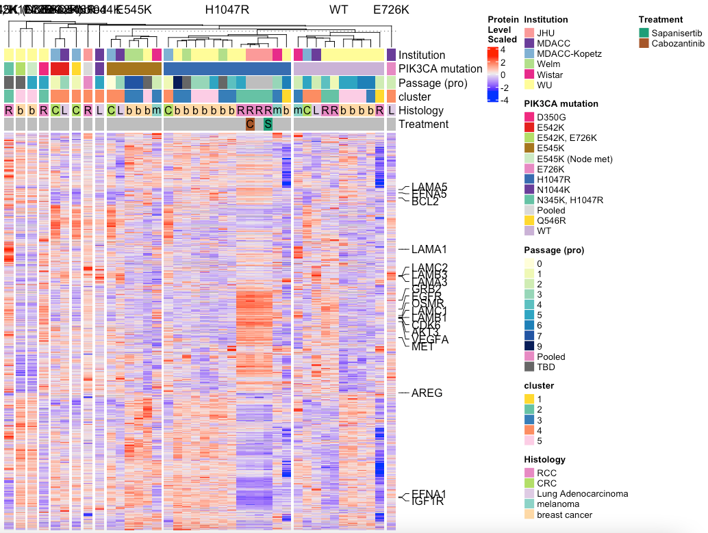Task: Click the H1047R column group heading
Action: (x=227, y=10)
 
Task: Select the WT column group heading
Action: (x=338, y=10)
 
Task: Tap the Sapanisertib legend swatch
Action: (x=644, y=33)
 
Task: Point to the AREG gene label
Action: (x=427, y=393)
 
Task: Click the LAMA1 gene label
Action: (x=429, y=250)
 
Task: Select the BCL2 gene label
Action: (x=425, y=202)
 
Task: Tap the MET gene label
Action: (x=422, y=347)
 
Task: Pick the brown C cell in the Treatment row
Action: (x=250, y=125)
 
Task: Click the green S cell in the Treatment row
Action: (x=268, y=125)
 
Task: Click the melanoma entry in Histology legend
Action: (x=557, y=504)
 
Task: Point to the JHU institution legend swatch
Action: (x=529, y=33)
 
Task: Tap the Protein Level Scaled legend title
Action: (x=502, y=29)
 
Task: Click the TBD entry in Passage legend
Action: (x=546, y=367)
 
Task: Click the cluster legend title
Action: (x=539, y=386)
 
